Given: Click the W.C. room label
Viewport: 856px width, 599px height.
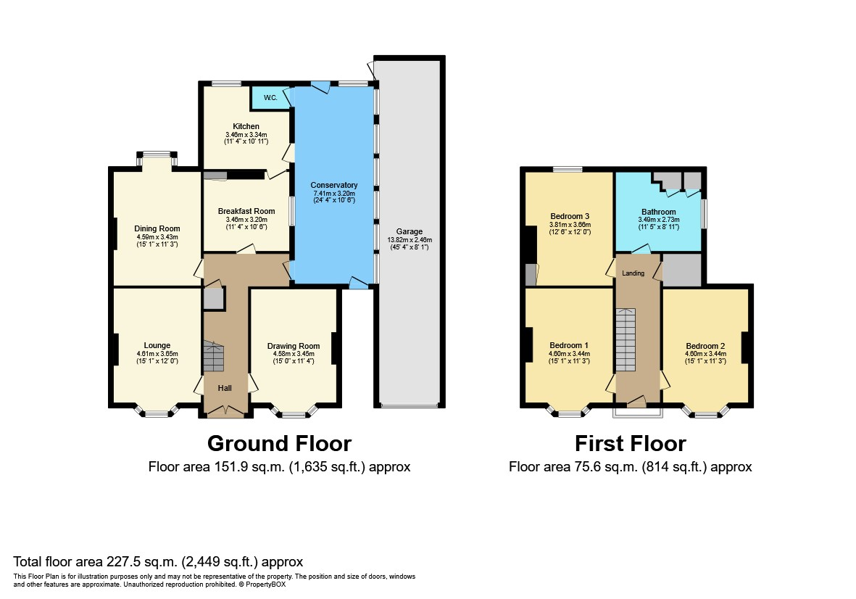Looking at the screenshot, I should (x=270, y=98).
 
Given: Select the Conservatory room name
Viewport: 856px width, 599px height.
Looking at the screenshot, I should (x=335, y=185).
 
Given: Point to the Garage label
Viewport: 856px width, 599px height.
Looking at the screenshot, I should (x=409, y=231).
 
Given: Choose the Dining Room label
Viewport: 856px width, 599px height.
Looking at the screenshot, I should (x=157, y=228).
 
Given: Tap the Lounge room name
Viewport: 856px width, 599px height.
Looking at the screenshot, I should (x=157, y=345).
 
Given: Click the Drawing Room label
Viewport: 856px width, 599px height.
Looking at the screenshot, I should (x=293, y=345).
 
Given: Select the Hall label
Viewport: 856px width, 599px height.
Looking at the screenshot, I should (x=225, y=389).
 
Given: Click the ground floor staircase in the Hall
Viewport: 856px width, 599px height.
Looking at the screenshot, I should (x=214, y=355).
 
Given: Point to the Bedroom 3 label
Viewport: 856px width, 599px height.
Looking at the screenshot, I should (x=570, y=216).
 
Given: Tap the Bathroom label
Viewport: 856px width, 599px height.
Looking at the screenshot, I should (x=658, y=212).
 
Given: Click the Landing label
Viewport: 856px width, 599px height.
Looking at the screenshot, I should (x=633, y=273).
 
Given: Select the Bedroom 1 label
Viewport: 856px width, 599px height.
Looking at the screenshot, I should (x=569, y=344).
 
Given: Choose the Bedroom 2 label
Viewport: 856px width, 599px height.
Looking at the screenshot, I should (x=705, y=345).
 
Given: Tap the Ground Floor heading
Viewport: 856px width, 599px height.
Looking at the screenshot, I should (x=279, y=443).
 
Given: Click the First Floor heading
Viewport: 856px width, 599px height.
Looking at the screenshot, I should (x=630, y=443).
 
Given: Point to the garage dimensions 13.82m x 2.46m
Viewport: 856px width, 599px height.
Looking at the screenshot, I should (x=409, y=240).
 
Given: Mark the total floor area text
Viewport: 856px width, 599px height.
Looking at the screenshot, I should (x=158, y=561).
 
